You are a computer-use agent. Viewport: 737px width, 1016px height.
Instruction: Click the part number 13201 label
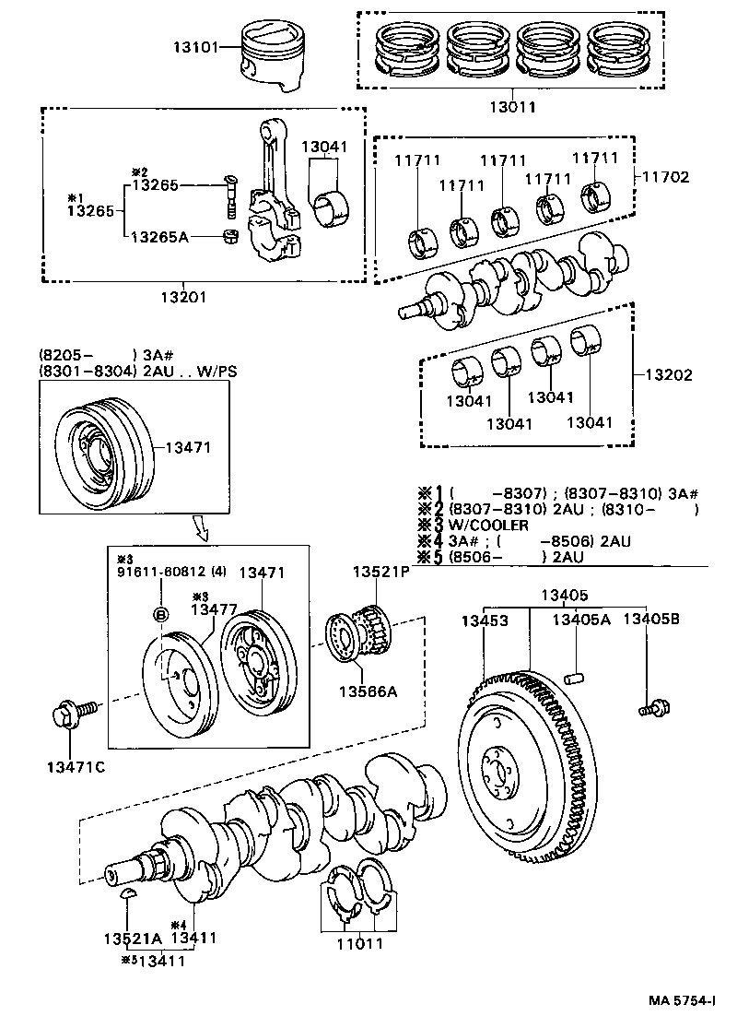(x=183, y=297)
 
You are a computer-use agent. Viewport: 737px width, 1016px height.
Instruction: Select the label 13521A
(x=132, y=939)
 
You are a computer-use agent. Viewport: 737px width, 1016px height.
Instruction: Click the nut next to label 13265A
(x=231, y=238)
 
